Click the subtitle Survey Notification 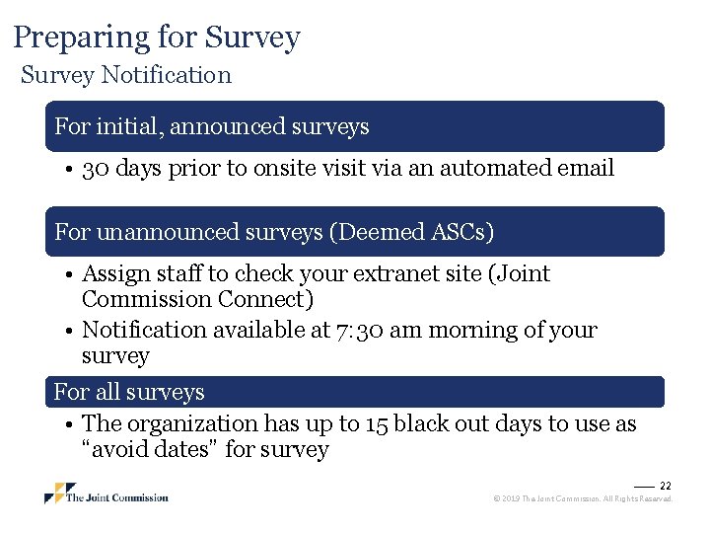126,75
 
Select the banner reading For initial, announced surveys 355,126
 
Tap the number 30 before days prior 97,169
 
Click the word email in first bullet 586,169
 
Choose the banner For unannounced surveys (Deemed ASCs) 355,232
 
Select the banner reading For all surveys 355,392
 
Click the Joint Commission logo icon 59,494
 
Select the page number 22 665,486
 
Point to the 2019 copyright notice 582,499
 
